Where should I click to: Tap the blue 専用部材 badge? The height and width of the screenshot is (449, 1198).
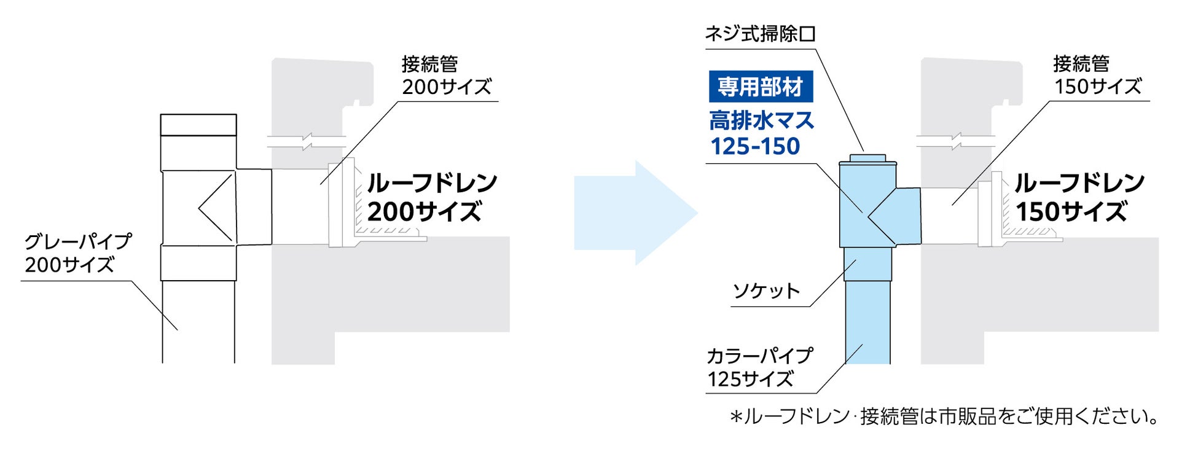tap(761, 87)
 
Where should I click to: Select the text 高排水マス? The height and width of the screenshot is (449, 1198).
tap(761, 120)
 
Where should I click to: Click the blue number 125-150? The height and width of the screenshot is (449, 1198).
tap(755, 147)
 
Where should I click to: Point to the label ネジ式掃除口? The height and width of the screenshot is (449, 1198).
tap(760, 34)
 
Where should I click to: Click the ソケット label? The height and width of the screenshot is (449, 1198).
tap(766, 291)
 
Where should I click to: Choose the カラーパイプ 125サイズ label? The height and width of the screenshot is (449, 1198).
tap(758, 367)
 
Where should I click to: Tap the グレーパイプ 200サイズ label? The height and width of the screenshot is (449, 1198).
tap(77, 252)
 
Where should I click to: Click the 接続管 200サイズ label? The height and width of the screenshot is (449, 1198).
tap(447, 75)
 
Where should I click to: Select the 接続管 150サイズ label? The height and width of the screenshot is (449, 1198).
tap(1097, 75)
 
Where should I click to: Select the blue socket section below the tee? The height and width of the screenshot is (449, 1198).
tap(867, 264)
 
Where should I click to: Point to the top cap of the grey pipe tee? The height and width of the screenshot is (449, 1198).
tap(198, 125)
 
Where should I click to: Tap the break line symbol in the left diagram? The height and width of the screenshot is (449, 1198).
tap(307, 142)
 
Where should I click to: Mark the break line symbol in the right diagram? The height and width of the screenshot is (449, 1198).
tap(955, 141)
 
